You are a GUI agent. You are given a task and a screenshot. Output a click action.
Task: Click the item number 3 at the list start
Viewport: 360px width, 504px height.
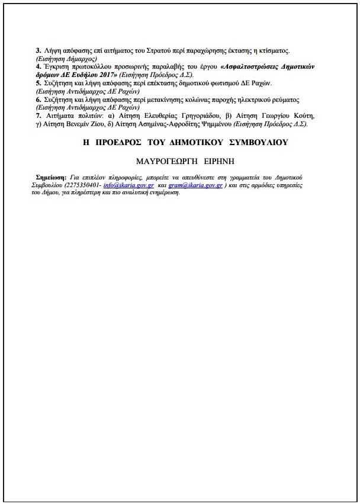coord(38,52)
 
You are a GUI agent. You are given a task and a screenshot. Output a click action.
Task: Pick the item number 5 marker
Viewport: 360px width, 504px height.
coord(38,83)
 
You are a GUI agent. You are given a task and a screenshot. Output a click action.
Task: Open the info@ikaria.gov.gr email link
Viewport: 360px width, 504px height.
coord(128,185)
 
